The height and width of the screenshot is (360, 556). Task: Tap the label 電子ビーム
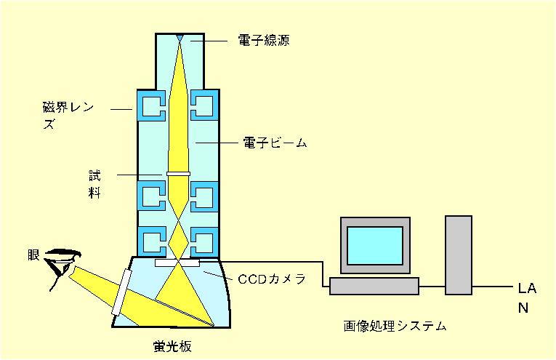pos(275,143)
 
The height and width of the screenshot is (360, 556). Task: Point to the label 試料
pos(94,183)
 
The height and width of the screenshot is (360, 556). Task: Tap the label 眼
pos(34,255)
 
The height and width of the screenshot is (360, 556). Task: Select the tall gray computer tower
pos(459,255)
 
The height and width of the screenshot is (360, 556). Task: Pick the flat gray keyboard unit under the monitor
pos(374,286)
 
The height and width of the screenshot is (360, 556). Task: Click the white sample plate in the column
pos(177,173)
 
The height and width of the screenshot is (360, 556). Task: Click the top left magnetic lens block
pos(152,107)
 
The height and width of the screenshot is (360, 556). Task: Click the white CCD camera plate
pos(177,262)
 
